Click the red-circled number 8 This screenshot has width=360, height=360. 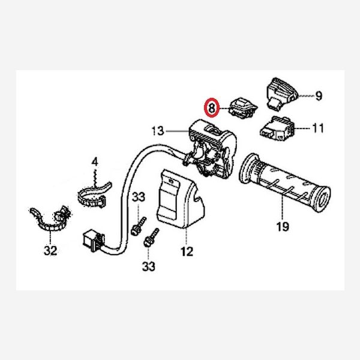click(x=212, y=107)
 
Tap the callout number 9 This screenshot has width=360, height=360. click(x=319, y=95)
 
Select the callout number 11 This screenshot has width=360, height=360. click(x=319, y=128)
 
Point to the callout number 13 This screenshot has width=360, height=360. click(x=158, y=131)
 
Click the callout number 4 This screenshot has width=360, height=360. click(x=95, y=162)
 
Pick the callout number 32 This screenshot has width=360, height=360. click(x=50, y=250)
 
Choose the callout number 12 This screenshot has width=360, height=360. click(x=187, y=251)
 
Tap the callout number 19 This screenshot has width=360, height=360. click(x=283, y=227)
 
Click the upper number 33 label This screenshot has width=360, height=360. click(x=139, y=197)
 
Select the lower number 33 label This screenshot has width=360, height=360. click(x=149, y=266)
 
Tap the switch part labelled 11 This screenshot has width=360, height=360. click(x=277, y=128)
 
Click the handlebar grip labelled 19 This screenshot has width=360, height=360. click(x=284, y=182)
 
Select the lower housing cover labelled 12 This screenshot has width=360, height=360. click(x=180, y=199)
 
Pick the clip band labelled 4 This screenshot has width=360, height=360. click(x=94, y=194)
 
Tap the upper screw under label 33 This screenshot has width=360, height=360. click(x=139, y=226)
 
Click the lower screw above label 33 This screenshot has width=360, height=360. click(x=151, y=238)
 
